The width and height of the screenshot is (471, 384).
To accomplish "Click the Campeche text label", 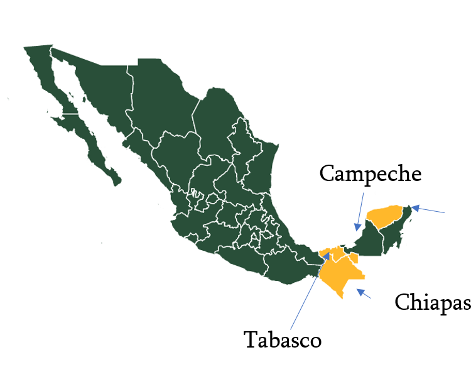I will point(369,173).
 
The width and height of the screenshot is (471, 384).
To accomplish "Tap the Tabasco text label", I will point(282,340).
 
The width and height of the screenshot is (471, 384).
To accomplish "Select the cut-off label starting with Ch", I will point(409,302).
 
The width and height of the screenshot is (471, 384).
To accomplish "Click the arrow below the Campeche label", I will point(360,212).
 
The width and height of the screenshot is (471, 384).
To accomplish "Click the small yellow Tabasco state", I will point(336,253).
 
